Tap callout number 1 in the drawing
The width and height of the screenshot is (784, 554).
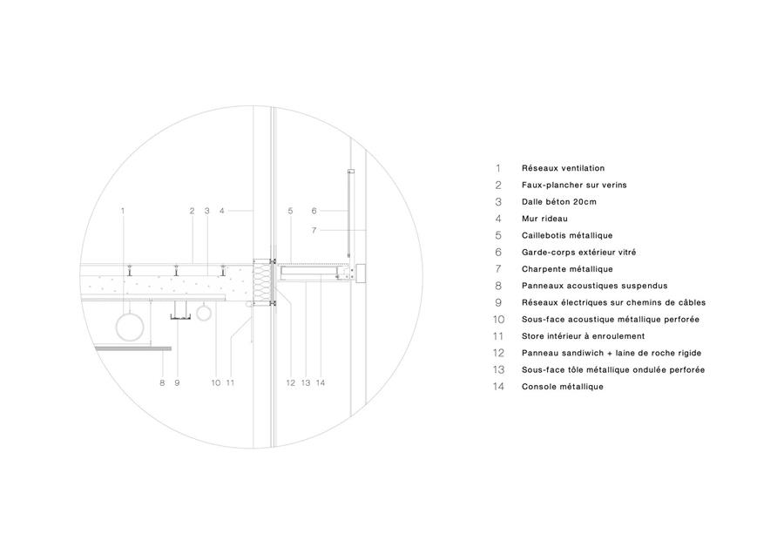point(123,211)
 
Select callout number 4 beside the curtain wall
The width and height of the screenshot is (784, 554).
point(222,211)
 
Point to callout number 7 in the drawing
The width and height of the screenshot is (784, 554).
point(314,230)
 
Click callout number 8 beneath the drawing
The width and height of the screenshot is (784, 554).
point(162,383)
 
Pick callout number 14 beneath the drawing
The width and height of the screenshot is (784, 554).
point(321,383)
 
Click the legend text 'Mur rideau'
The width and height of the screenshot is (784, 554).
point(544,219)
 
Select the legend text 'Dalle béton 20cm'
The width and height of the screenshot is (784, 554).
point(559,202)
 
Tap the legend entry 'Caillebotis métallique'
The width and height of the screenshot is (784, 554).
point(567,235)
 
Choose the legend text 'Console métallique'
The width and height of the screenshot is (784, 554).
point(563,387)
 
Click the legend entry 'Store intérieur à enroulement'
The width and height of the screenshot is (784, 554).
point(583,336)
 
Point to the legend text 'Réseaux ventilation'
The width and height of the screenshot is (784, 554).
point(563,168)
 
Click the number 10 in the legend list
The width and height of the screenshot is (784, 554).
point(498,320)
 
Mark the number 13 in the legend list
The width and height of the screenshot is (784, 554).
point(498,370)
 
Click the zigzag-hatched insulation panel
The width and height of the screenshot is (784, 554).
point(261,281)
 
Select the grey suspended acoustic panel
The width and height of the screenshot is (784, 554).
point(132,348)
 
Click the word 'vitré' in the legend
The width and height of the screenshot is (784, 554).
point(626,253)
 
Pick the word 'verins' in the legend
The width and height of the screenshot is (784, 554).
point(614,185)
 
